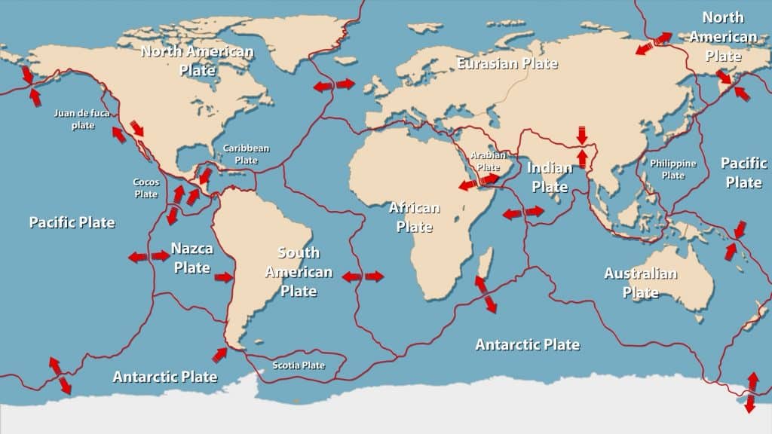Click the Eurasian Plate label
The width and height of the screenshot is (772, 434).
coord(507,63)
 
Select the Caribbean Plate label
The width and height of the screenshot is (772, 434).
coord(246,154)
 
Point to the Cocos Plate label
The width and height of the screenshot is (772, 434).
coord(146,188)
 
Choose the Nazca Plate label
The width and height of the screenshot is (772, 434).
coord(191,257)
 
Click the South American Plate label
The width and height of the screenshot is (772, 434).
coord(299,271)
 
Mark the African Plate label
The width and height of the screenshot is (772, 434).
coord(414,216)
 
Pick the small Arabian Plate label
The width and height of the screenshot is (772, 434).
coord(486,160)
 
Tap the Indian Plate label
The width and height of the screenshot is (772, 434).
coord(550,176)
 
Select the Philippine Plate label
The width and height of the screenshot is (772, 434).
coord(673,169)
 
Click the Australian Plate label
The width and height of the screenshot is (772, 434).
coord(641,283)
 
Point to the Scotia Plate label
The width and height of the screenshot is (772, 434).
coord(299,365)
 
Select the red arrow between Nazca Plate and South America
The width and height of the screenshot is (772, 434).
coord(224,278)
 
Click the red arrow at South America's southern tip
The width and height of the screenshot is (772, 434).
coord(219,354)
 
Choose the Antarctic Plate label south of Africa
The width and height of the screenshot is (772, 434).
coord(528,344)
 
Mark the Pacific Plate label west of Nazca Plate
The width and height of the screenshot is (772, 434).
coord(72,222)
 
